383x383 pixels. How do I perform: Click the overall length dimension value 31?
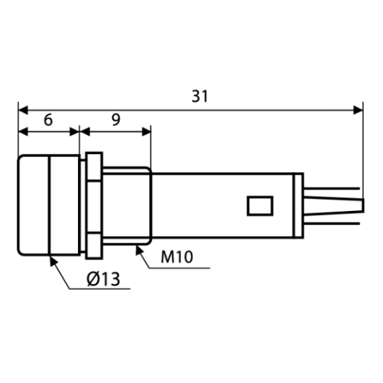tap(200, 96)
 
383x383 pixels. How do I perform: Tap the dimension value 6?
tap(48, 120)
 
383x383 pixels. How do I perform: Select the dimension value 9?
tap(116, 120)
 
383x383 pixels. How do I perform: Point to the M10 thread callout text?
tap(177, 257)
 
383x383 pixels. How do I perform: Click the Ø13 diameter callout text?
tap(103, 279)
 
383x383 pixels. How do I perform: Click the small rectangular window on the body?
tap(260, 205)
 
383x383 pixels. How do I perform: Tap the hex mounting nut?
tap(94, 205)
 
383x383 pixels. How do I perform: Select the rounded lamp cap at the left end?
tap(49, 205)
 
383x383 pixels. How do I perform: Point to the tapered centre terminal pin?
tap(334, 205)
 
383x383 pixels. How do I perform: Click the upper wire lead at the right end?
tap(331, 189)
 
